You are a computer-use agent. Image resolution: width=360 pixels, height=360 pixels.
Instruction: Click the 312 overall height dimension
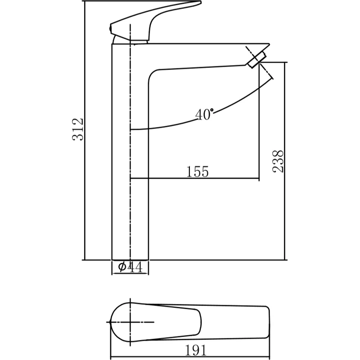[78, 129]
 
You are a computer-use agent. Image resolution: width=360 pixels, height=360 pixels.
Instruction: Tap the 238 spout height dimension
[279, 161]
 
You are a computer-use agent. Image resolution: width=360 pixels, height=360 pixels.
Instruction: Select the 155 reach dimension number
[198, 172]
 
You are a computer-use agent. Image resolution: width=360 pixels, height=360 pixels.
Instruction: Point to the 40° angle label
[204, 115]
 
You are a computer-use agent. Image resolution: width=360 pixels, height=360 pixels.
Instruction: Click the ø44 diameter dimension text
[130, 267]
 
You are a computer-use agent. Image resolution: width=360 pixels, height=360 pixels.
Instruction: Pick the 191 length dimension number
[196, 350]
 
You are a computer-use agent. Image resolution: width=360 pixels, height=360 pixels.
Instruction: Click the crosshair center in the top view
[130, 322]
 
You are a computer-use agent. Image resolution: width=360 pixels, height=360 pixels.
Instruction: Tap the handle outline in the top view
[180, 322]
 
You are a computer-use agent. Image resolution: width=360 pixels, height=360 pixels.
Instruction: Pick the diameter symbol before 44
[122, 267]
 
